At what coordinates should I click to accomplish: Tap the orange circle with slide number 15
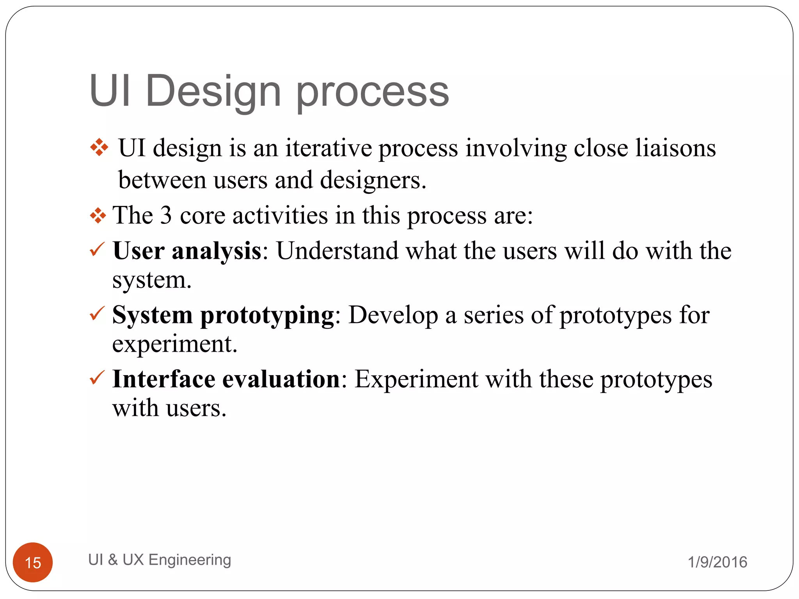pyautogui.click(x=33, y=562)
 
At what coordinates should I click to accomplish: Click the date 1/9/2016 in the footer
pyautogui.click(x=717, y=562)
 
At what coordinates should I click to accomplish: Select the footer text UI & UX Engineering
pyautogui.click(x=160, y=560)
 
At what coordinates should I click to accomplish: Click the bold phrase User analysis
pyautogui.click(x=187, y=250)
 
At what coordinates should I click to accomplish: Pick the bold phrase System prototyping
pyautogui.click(x=223, y=315)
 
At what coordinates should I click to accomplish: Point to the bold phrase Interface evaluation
pyautogui.click(x=226, y=379)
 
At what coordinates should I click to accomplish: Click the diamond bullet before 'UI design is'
pyautogui.click(x=99, y=148)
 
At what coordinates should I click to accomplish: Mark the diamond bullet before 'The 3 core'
pyautogui.click(x=98, y=215)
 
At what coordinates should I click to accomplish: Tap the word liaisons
pyautogui.click(x=676, y=148)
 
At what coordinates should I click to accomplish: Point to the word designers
pyautogui.click(x=373, y=181)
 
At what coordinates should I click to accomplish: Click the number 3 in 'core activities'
pyautogui.click(x=166, y=215)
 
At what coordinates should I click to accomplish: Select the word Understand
pyautogui.click(x=337, y=250)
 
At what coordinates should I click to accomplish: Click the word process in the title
pyautogui.click(x=373, y=94)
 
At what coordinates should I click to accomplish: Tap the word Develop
pyautogui.click(x=393, y=315)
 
